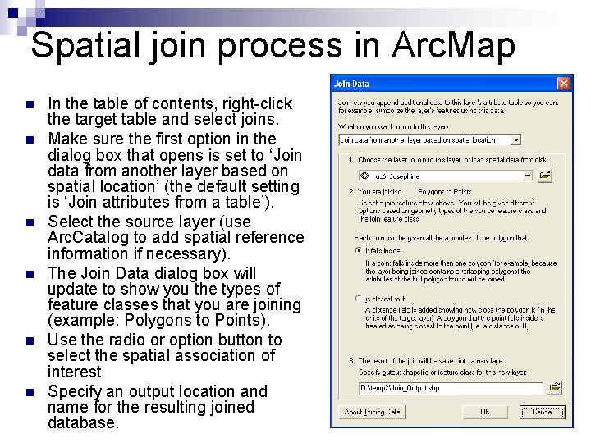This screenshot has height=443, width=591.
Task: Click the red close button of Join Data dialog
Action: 564,84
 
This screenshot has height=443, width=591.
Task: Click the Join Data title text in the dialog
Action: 351,84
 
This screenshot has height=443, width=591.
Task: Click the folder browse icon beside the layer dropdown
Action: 546,176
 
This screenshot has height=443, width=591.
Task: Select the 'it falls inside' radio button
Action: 359,249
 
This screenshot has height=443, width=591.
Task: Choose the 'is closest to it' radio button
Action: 359,299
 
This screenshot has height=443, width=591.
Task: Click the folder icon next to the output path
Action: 556,386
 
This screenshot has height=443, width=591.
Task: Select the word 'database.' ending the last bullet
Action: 83,423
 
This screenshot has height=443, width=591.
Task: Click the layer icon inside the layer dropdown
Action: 367,176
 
